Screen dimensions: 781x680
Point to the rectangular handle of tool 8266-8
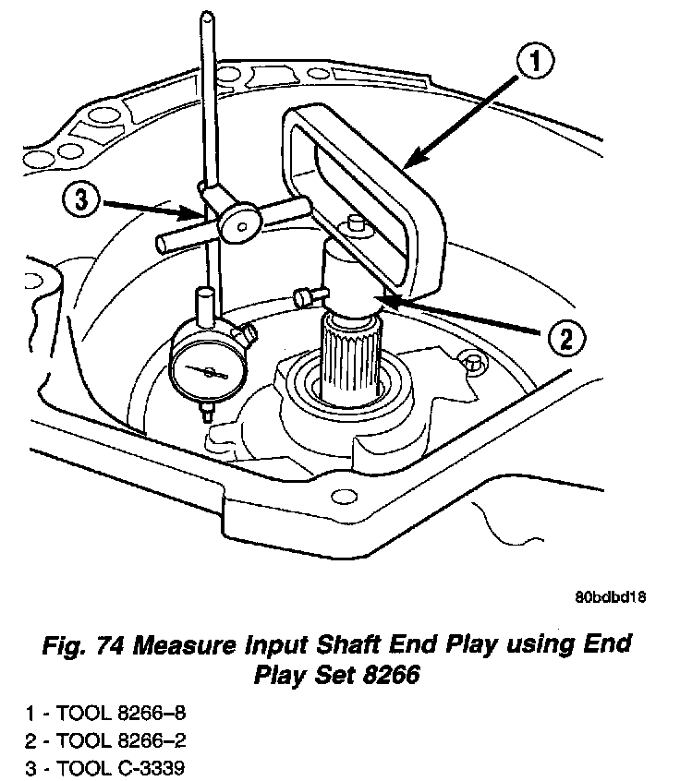365,185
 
